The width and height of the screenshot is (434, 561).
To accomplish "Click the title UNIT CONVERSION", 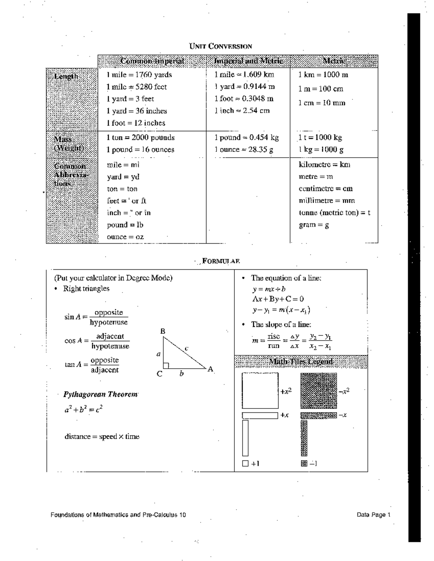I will click(221, 46).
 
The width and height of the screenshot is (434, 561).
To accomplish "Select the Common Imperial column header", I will click(152, 61).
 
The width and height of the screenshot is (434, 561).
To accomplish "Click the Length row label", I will click(66, 76).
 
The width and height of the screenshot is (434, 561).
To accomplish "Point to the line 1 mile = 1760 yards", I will click(139, 75).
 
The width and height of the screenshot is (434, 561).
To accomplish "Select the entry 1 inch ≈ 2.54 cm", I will click(242, 111).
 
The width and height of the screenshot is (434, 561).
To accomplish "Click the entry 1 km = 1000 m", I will click(323, 75).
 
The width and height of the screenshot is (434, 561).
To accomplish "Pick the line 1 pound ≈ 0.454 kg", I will click(246, 137).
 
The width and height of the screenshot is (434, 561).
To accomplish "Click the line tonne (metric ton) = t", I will click(335, 213).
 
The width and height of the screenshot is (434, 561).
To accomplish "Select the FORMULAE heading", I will click(221, 261).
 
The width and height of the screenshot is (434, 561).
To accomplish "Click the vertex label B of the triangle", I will click(163, 331).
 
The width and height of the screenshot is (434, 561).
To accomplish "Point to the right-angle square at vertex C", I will click(166, 365).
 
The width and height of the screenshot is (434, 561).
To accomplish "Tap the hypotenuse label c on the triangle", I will click(187, 348).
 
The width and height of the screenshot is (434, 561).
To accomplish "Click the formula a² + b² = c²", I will click(84, 409).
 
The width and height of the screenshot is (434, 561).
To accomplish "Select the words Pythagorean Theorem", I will click(101, 394).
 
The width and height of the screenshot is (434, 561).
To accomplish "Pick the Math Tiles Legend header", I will click(301, 361).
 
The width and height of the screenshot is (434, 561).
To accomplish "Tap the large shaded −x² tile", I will click(319, 390).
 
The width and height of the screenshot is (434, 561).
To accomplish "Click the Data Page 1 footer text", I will click(373, 515).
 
